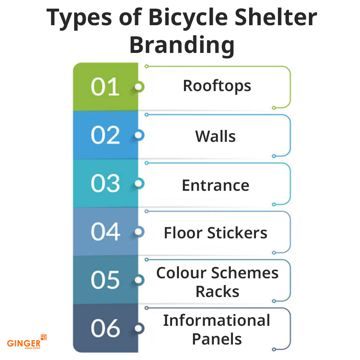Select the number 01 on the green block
[x=105, y=87]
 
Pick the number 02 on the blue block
[x=105, y=135]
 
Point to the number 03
[x=105, y=184]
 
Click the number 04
[x=105, y=231]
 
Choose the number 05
[x=105, y=280]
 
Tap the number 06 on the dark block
[x=105, y=328]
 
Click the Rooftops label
[x=217, y=86]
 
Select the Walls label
[x=215, y=136]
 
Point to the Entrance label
[x=216, y=185]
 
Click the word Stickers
[x=237, y=233]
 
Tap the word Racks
[x=217, y=292]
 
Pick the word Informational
[x=216, y=320]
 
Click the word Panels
[x=217, y=339]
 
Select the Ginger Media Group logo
[x=27, y=342]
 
